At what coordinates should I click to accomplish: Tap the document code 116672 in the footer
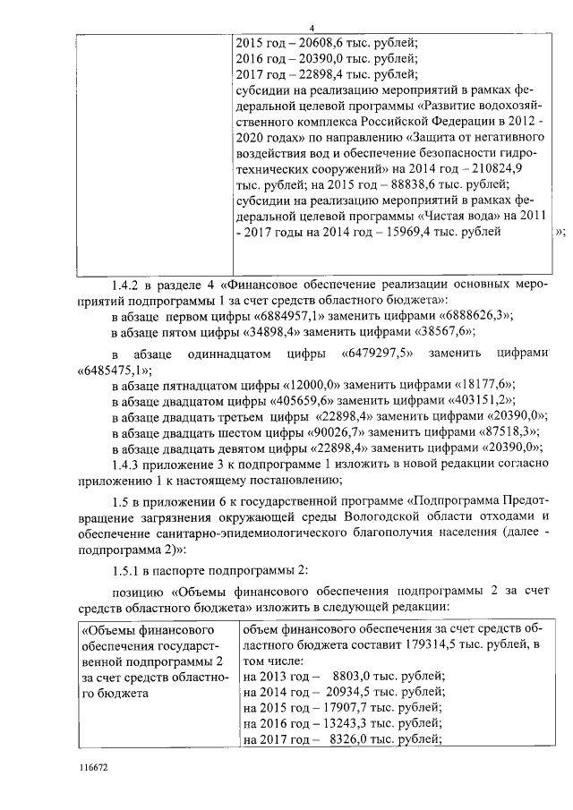[93, 767]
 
